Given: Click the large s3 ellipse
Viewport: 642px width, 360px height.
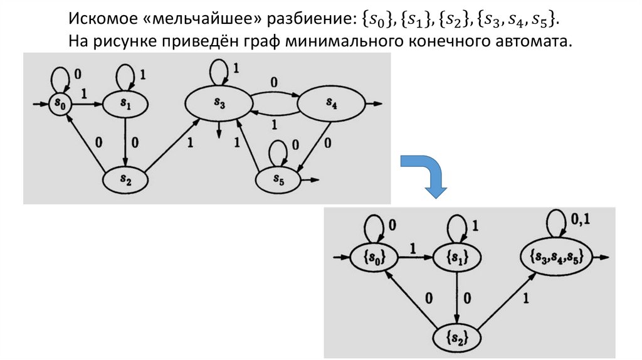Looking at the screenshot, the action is pos(217,103).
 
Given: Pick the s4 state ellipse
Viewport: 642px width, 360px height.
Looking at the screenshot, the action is pos(330,104).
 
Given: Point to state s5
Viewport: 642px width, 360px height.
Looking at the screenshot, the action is pos(278,180).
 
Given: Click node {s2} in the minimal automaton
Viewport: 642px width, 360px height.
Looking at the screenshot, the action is pos(457,339).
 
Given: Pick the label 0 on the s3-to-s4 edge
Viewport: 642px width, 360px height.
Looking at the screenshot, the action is pos(274,82).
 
